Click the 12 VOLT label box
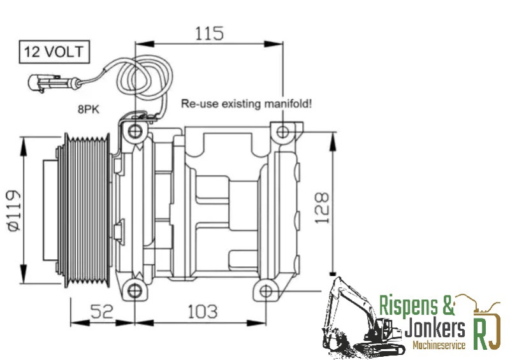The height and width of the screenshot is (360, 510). tap(54, 52)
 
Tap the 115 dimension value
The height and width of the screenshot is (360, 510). tap(209, 34)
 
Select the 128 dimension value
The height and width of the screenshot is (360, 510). tap(322, 208)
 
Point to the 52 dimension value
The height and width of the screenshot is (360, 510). tap(102, 311)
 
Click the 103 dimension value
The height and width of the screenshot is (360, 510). tap(202, 312)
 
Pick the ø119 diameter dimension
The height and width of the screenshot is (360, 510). tap(13, 210)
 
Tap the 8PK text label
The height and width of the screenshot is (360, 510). tap(89, 110)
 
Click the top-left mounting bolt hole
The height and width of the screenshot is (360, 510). tap(135, 131)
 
